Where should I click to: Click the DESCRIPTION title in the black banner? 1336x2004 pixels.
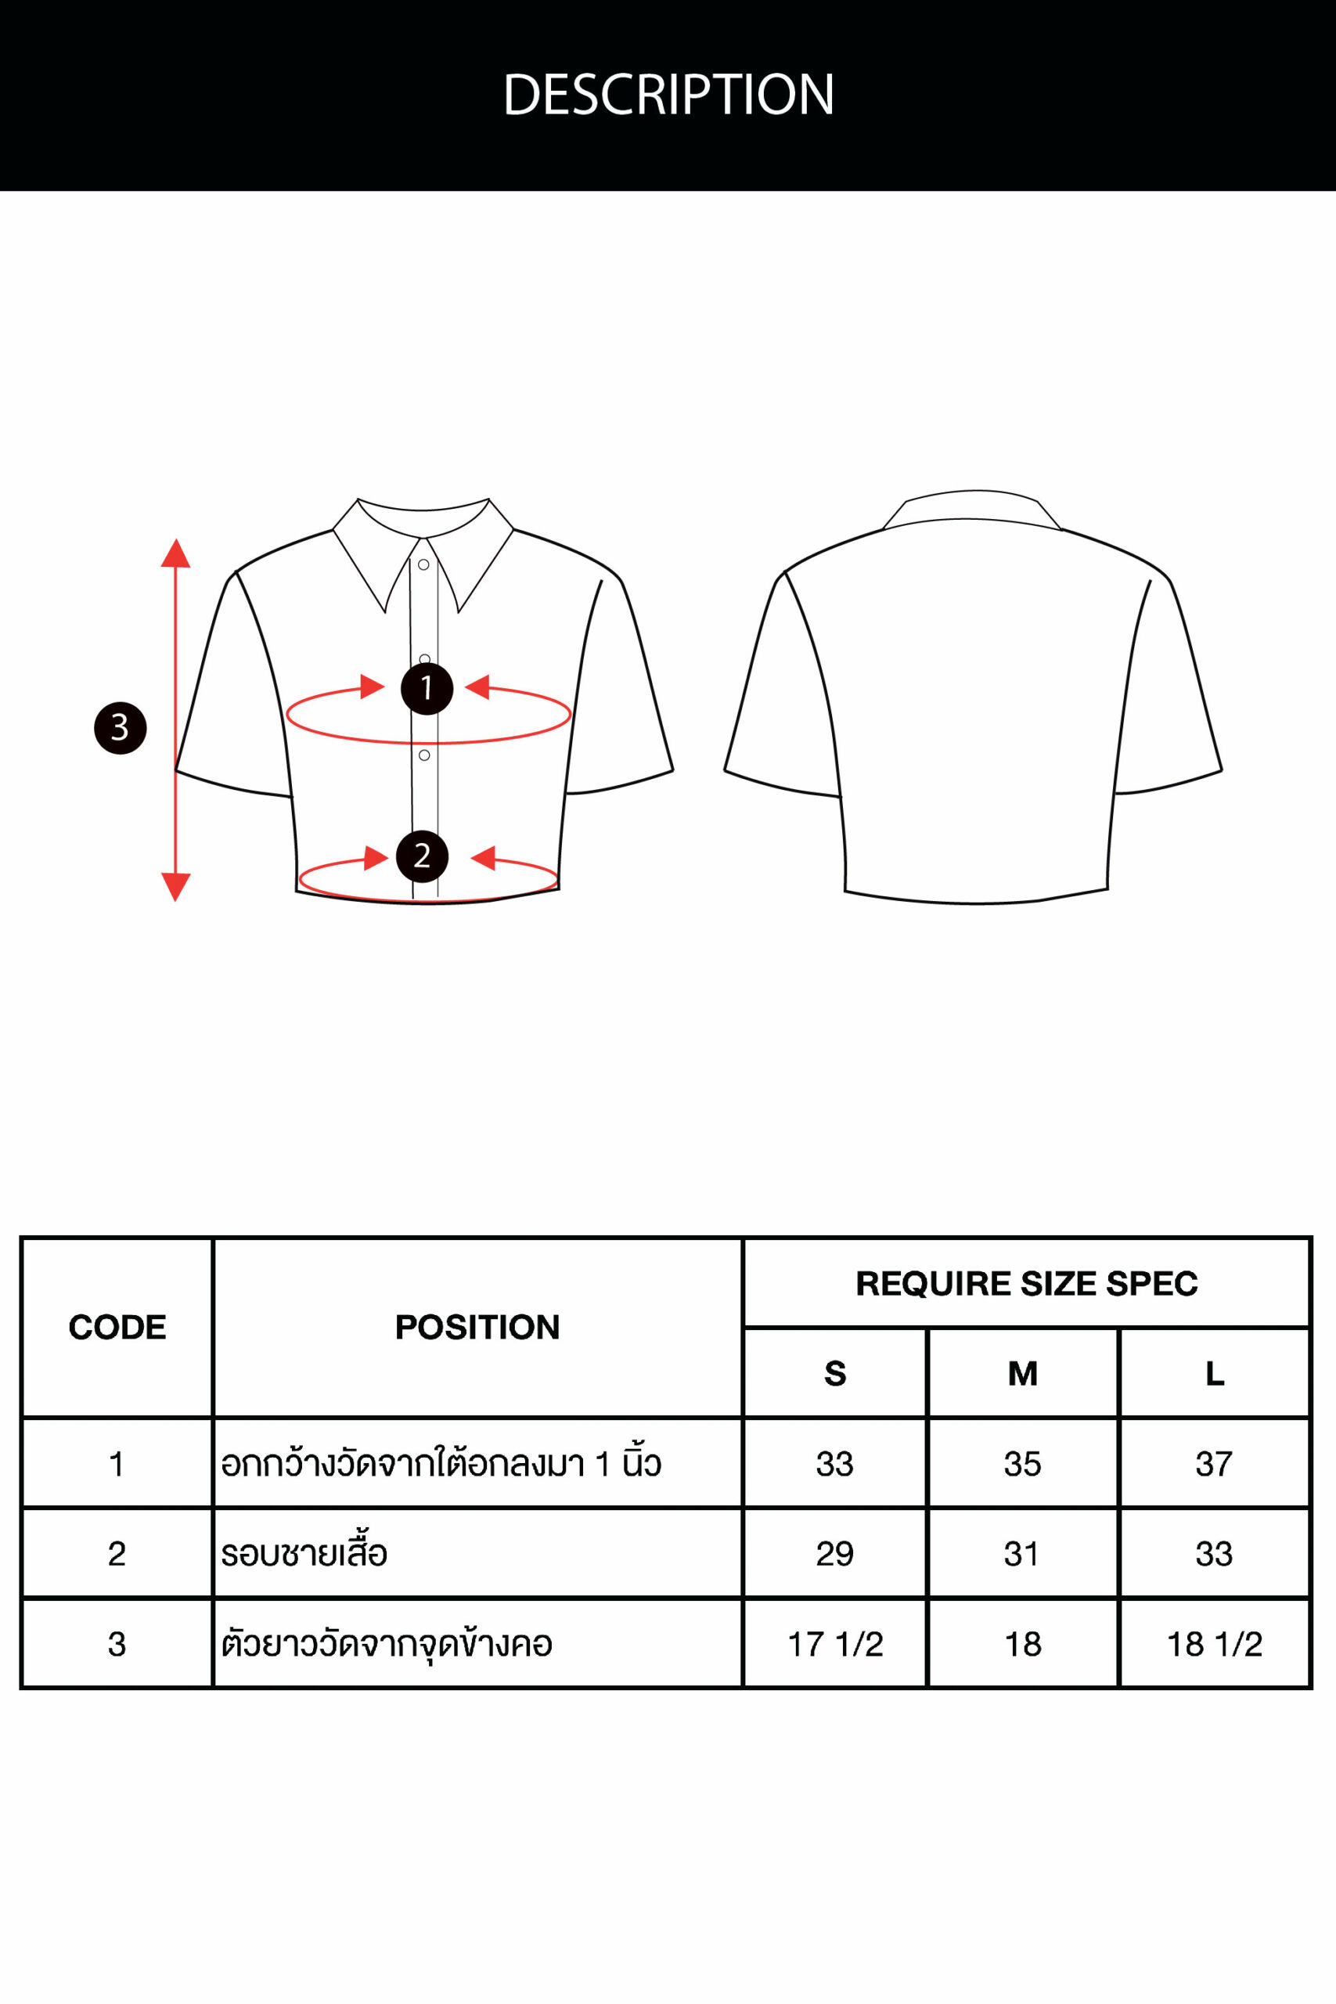(x=668, y=94)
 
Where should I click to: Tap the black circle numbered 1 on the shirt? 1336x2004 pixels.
(x=427, y=688)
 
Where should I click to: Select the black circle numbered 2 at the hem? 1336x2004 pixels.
(x=422, y=856)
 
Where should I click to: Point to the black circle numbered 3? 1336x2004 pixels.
(x=120, y=728)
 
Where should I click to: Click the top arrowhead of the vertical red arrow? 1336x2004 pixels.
(x=175, y=553)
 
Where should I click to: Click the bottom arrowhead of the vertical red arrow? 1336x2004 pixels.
(x=175, y=887)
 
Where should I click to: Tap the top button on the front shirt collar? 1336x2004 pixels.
(x=423, y=565)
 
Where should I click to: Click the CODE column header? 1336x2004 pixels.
(x=117, y=1327)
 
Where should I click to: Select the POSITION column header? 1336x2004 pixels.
(x=477, y=1327)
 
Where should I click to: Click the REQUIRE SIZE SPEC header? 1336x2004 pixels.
(x=1027, y=1283)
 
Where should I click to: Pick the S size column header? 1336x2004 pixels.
(x=835, y=1374)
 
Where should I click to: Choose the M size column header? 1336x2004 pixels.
(x=1022, y=1374)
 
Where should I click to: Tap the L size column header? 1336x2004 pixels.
(x=1215, y=1374)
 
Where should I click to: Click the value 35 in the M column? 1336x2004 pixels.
(x=1022, y=1464)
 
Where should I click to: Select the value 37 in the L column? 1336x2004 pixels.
(x=1214, y=1464)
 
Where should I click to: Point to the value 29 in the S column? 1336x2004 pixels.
(x=835, y=1553)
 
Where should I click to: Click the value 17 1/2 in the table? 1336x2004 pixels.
(x=835, y=1644)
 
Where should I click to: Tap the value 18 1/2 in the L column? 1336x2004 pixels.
(x=1214, y=1644)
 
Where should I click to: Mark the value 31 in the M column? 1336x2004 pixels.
(x=1022, y=1553)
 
